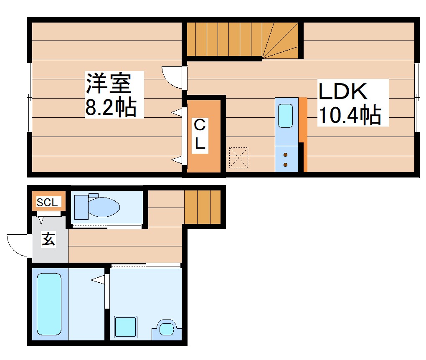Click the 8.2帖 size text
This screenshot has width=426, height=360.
point(111,106)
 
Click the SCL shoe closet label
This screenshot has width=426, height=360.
point(47,203)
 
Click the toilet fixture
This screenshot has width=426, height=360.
point(97,206)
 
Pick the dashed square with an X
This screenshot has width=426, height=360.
point(238,158)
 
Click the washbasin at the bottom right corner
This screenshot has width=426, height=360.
point(167,328)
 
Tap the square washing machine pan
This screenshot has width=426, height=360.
point(126,327)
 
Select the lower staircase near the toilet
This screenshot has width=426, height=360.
point(203,207)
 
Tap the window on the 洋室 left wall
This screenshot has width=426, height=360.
point(29,97)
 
